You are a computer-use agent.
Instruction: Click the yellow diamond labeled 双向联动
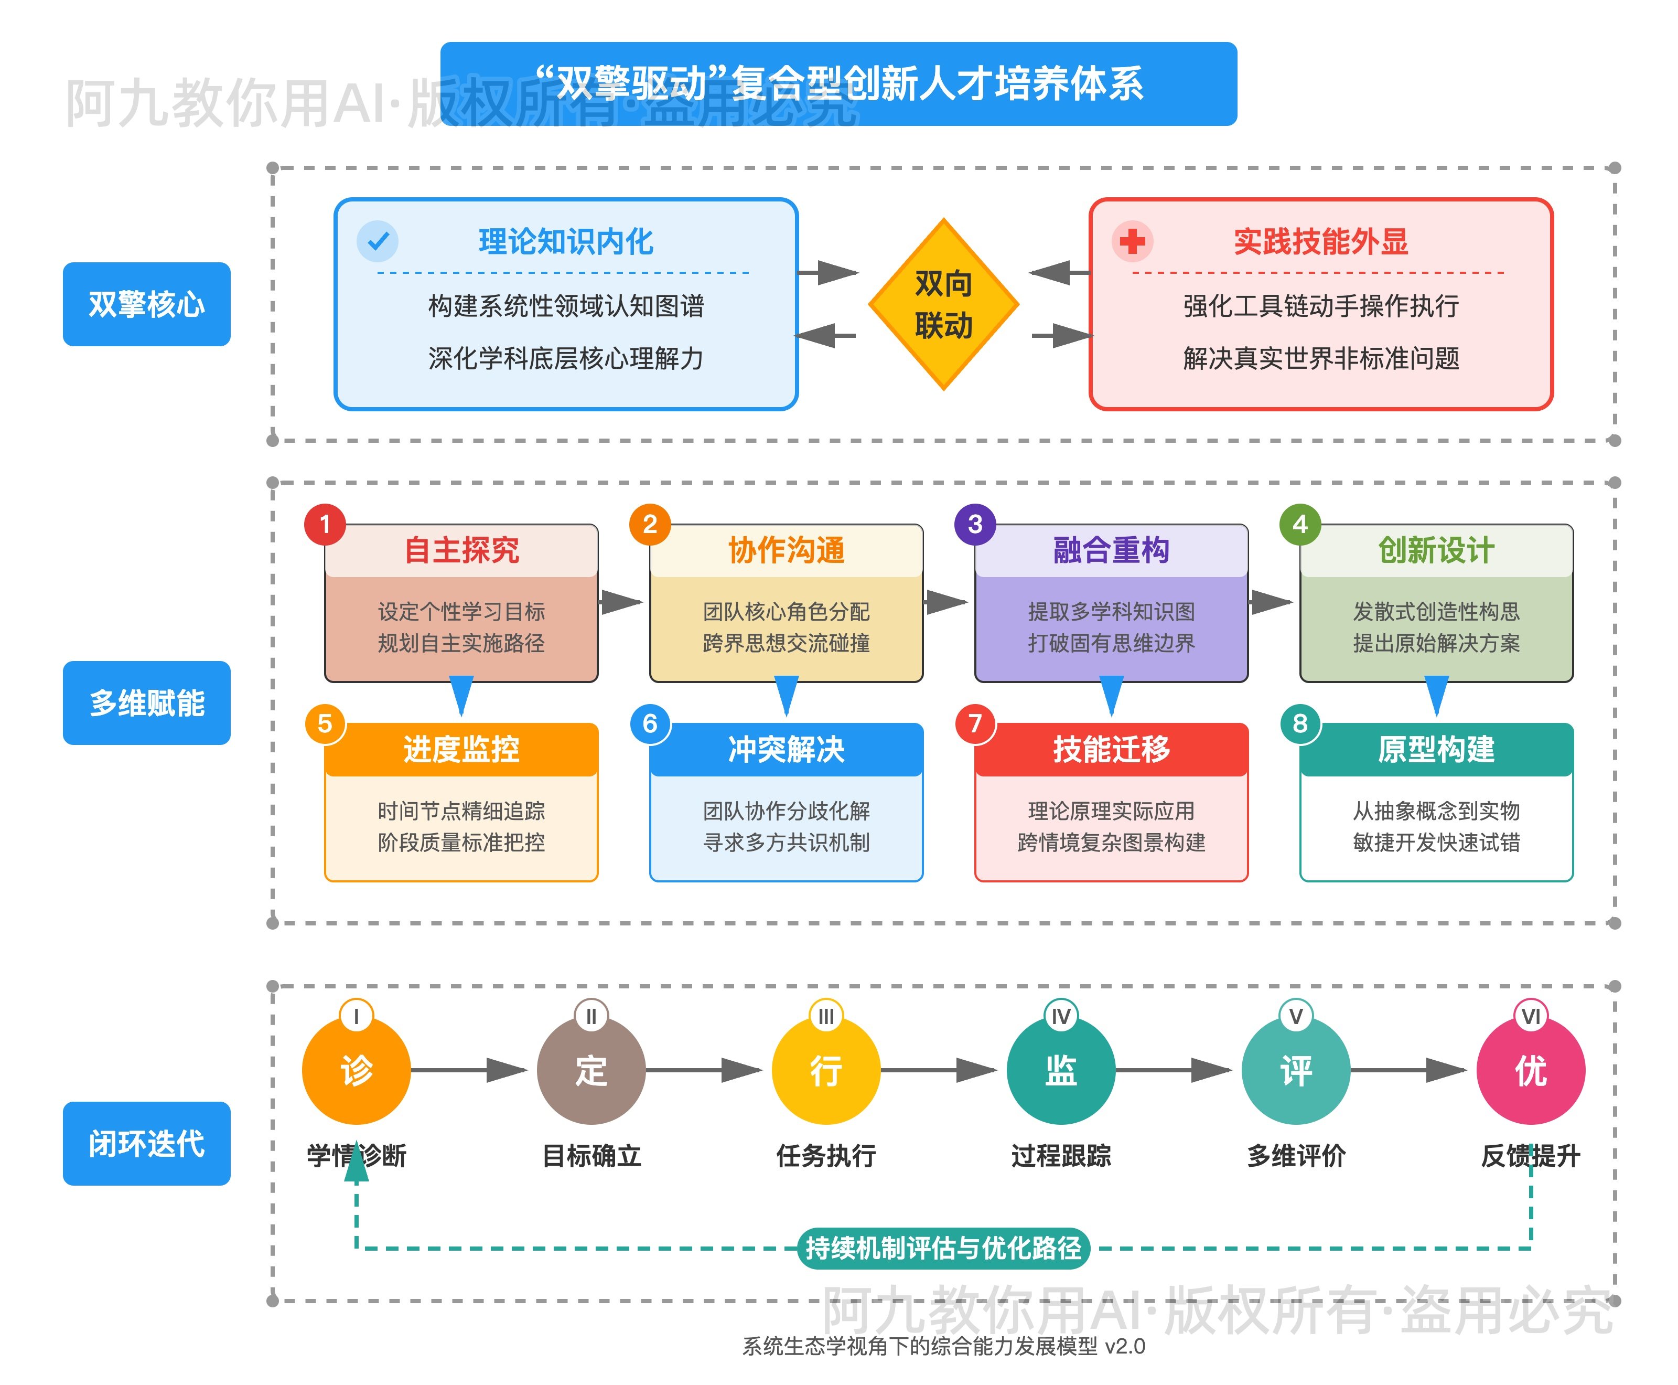click(943, 304)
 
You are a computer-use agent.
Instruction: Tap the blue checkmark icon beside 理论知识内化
click(377, 241)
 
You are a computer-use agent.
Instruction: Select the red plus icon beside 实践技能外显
click(1132, 241)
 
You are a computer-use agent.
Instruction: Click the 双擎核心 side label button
click(147, 304)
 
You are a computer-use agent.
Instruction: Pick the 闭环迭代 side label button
click(147, 1143)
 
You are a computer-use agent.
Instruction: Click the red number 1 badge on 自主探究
click(325, 524)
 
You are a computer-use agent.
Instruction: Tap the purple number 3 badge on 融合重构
click(975, 524)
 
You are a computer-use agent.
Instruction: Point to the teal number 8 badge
click(1300, 723)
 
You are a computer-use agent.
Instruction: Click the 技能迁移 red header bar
click(1111, 749)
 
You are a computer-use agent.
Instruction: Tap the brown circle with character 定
click(591, 1070)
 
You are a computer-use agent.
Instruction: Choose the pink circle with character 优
click(1531, 1070)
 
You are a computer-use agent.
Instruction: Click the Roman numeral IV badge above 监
click(1061, 1016)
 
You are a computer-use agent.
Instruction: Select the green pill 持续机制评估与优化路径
click(943, 1248)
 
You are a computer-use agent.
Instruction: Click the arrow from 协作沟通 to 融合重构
click(946, 602)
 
